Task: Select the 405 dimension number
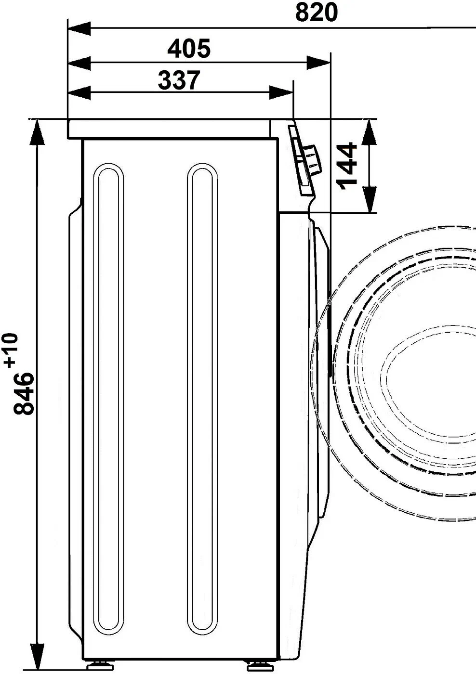[x=189, y=48]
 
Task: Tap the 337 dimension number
[x=178, y=80]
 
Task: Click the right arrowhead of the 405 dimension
[x=319, y=63]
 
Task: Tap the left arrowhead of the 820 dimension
[x=79, y=28]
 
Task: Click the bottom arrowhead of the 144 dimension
[x=369, y=199]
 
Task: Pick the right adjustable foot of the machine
[x=254, y=667]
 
